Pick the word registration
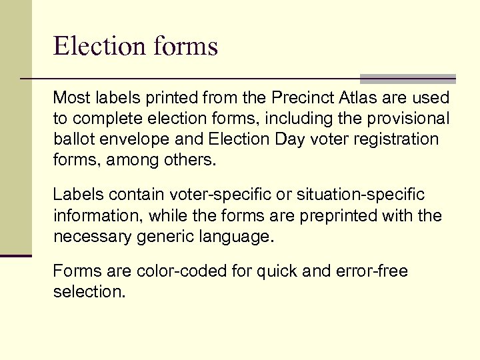click(393, 139)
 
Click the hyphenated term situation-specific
click(361, 195)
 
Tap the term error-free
click(374, 271)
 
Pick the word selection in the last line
click(89, 292)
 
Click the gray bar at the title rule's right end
click(408, 79)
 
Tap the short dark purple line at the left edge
click(16, 255)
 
